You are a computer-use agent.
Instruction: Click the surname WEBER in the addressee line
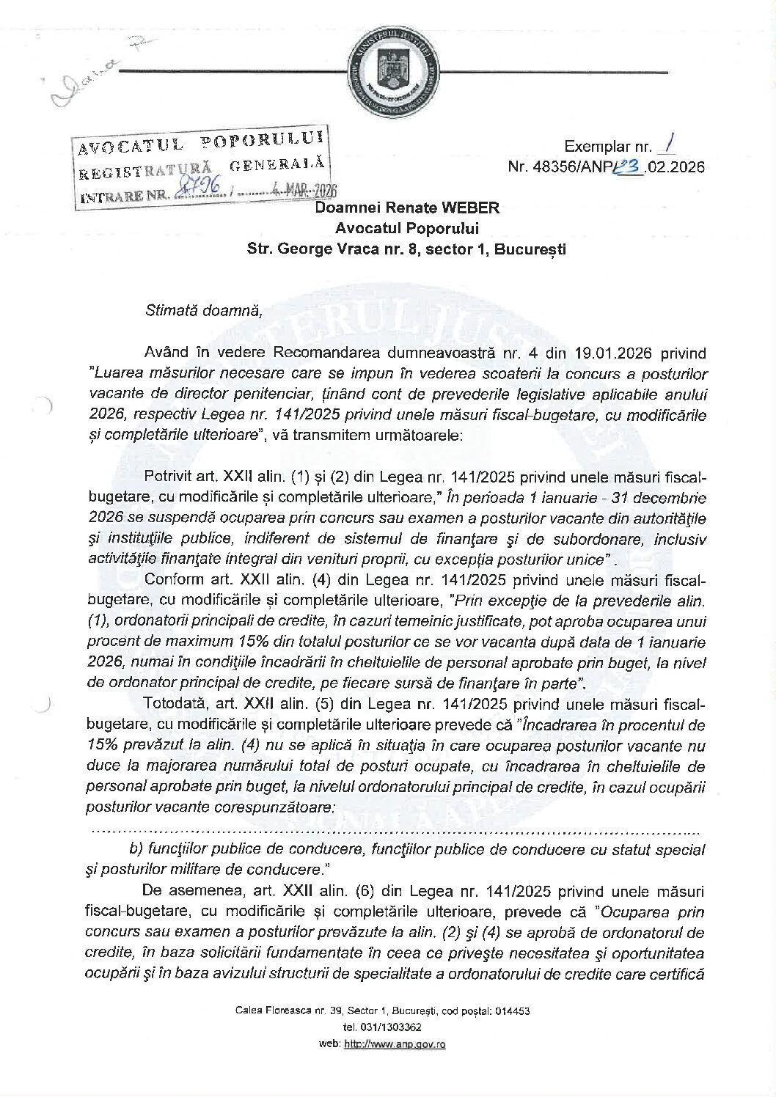pos(473,208)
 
